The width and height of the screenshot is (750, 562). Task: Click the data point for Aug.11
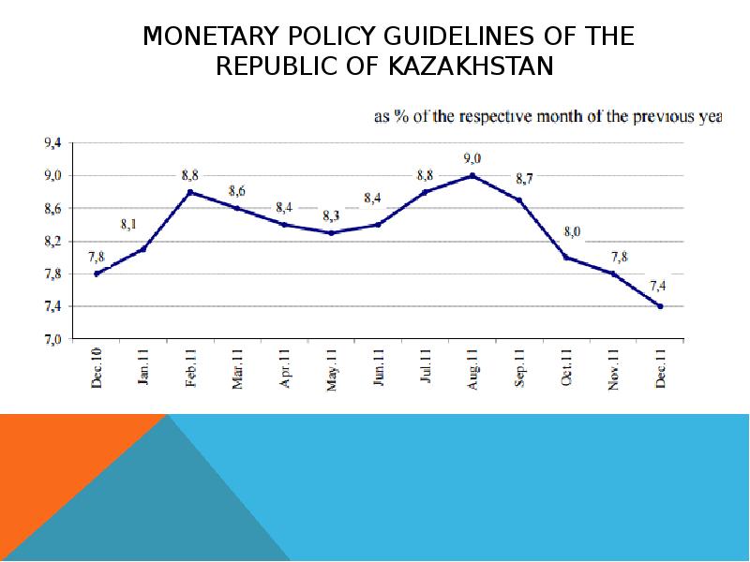coord(472,175)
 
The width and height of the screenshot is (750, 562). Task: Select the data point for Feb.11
coord(190,192)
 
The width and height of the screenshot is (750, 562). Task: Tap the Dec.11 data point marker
coord(660,306)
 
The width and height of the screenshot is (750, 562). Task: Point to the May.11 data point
coord(331,232)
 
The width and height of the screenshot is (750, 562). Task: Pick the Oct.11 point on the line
coord(565,257)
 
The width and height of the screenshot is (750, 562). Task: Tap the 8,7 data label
coord(525,178)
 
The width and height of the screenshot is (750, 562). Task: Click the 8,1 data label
coord(129,225)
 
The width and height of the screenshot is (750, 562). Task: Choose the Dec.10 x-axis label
coord(97,368)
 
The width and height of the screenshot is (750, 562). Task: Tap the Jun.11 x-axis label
coord(378,368)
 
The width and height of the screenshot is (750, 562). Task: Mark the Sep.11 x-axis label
coord(518,368)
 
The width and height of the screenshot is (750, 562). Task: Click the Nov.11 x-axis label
coord(613,368)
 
